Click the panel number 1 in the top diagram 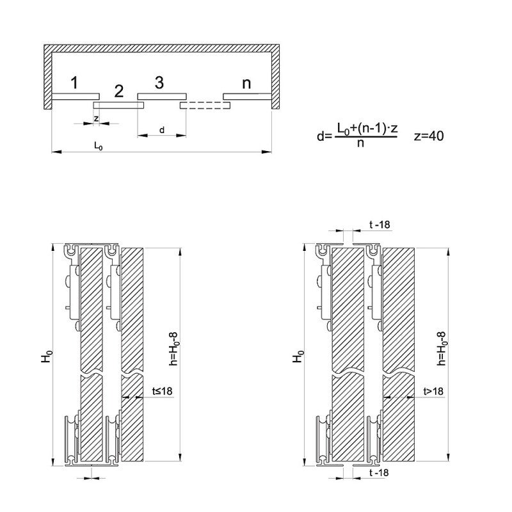[74, 83]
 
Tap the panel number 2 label [118, 91]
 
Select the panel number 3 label [159, 82]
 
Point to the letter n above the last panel [246, 83]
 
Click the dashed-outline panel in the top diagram [205, 104]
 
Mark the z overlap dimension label [96, 118]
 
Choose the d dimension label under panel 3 [161, 130]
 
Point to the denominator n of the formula [361, 143]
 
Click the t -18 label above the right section [380, 224]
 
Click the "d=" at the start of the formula [324, 136]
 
